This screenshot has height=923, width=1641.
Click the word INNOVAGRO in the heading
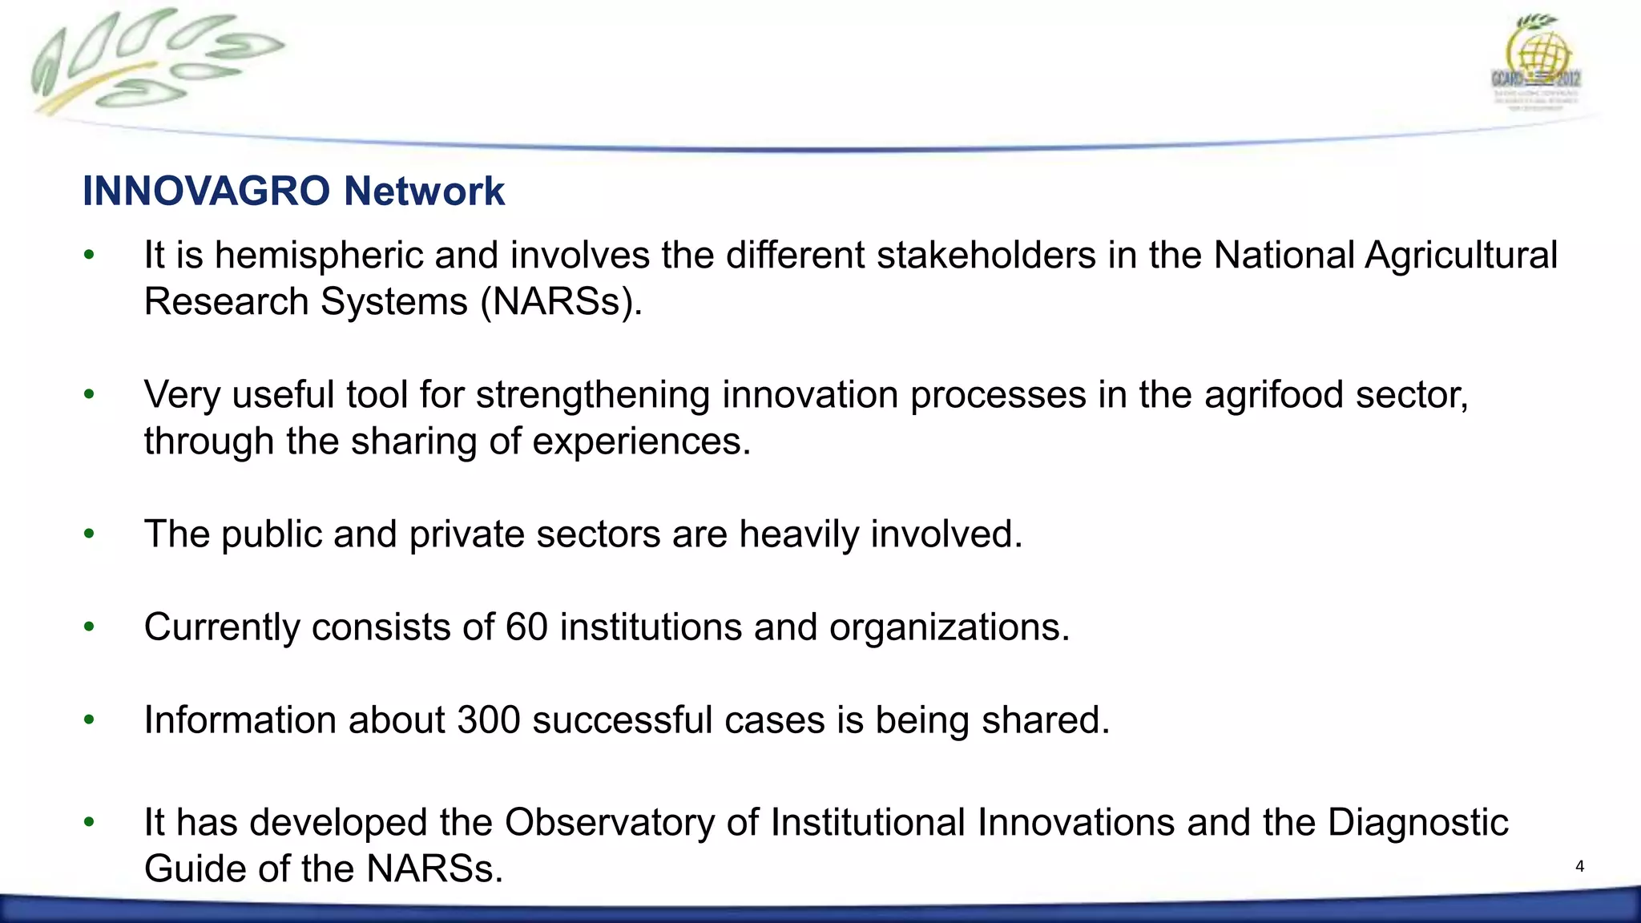pos(206,191)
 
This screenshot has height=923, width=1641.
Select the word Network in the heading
pos(424,191)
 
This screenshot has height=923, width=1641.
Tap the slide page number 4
pos(1579,866)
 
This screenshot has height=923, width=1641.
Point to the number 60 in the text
pos(526,627)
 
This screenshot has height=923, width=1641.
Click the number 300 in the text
pos(488,720)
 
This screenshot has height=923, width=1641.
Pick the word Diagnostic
pos(1417,823)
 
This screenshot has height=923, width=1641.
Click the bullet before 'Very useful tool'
pos(89,394)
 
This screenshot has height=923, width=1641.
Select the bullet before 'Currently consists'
pos(89,627)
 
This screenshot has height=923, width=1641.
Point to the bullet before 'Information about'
pos(89,719)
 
